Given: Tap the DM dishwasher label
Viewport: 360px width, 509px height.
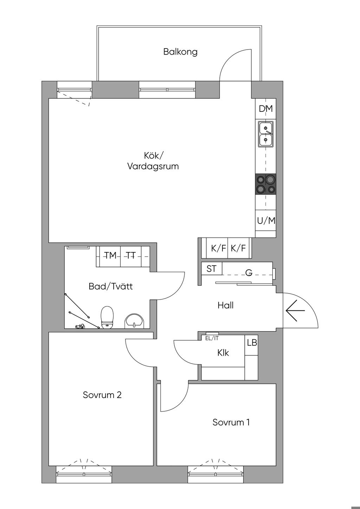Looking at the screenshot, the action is (266, 109).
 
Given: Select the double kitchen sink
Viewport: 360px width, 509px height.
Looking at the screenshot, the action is (265, 134).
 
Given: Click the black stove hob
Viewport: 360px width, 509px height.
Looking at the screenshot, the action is (266, 184).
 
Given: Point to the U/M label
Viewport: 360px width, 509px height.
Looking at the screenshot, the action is (266, 220).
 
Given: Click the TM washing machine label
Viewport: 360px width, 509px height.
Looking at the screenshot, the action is (110, 256).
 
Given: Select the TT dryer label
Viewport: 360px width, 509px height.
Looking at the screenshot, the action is (131, 256).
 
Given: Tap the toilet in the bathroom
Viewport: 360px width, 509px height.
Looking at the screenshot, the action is (107, 317).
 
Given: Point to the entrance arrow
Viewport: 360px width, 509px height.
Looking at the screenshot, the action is (295, 310).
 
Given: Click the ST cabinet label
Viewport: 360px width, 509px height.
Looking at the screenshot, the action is (211, 269).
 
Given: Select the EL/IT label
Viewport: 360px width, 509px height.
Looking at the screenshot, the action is (212, 339).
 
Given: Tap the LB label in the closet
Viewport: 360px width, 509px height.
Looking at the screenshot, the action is (252, 342).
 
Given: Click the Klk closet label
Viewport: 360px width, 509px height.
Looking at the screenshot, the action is (223, 353).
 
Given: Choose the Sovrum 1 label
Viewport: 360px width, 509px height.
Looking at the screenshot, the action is (231, 422).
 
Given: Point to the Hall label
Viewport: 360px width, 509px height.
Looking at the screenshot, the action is (225, 305).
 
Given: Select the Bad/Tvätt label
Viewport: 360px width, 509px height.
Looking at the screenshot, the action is (111, 286).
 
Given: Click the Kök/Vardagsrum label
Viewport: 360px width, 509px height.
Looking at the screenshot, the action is (153, 161).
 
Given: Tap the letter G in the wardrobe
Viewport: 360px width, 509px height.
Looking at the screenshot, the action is (249, 272).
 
